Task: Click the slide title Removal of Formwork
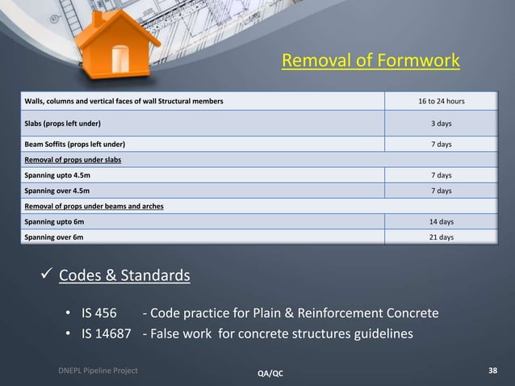click(371, 61)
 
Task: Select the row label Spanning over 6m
click(52, 237)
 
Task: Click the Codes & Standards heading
click(125, 277)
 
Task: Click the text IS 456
click(100, 313)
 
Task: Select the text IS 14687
click(105, 334)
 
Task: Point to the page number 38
click(492, 371)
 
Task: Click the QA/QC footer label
click(270, 373)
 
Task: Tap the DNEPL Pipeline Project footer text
click(97, 370)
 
